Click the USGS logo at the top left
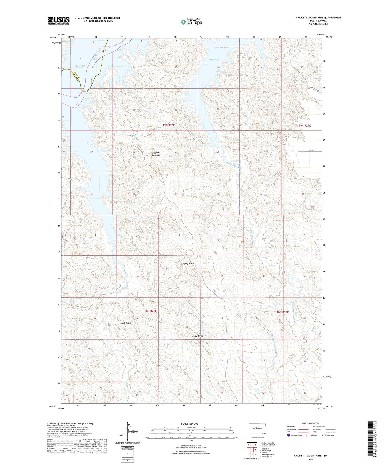point(58,21)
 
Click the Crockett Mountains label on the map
point(156,154)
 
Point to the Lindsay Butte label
point(187,264)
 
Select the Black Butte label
point(125,323)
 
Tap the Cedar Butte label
point(198,336)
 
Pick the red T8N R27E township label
point(282,312)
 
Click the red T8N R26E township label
point(150,311)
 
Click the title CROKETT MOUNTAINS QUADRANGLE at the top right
point(318,18)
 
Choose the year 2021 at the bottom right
point(310,459)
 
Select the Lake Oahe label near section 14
point(214,59)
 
